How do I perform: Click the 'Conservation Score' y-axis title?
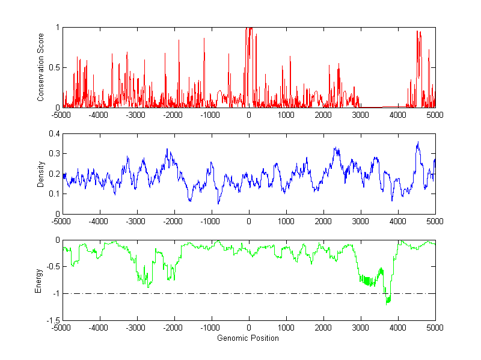point(40,67)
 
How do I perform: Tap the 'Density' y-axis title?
point(40,174)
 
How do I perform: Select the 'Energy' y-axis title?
point(40,280)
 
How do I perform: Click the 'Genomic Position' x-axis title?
point(248,338)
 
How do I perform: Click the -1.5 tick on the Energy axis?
point(52,320)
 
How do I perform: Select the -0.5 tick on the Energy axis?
point(52,267)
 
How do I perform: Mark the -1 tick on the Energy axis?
point(55,294)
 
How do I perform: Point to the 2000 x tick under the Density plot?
point(323,221)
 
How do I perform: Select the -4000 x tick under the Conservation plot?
point(99,114)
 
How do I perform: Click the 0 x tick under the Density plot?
point(249,221)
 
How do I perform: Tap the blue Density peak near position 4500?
point(418,142)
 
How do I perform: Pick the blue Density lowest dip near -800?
point(218,204)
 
